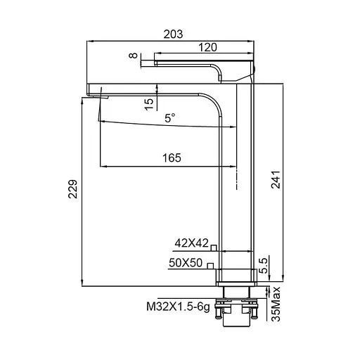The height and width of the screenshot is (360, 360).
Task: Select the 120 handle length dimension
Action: coord(207,47)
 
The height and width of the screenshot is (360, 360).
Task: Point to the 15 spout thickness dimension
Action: coord(148,103)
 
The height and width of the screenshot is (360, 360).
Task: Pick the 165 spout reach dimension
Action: coord(171,158)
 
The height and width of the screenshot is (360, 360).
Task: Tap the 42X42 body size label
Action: coord(191,244)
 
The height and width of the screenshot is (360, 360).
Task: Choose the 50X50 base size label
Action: coord(186,263)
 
